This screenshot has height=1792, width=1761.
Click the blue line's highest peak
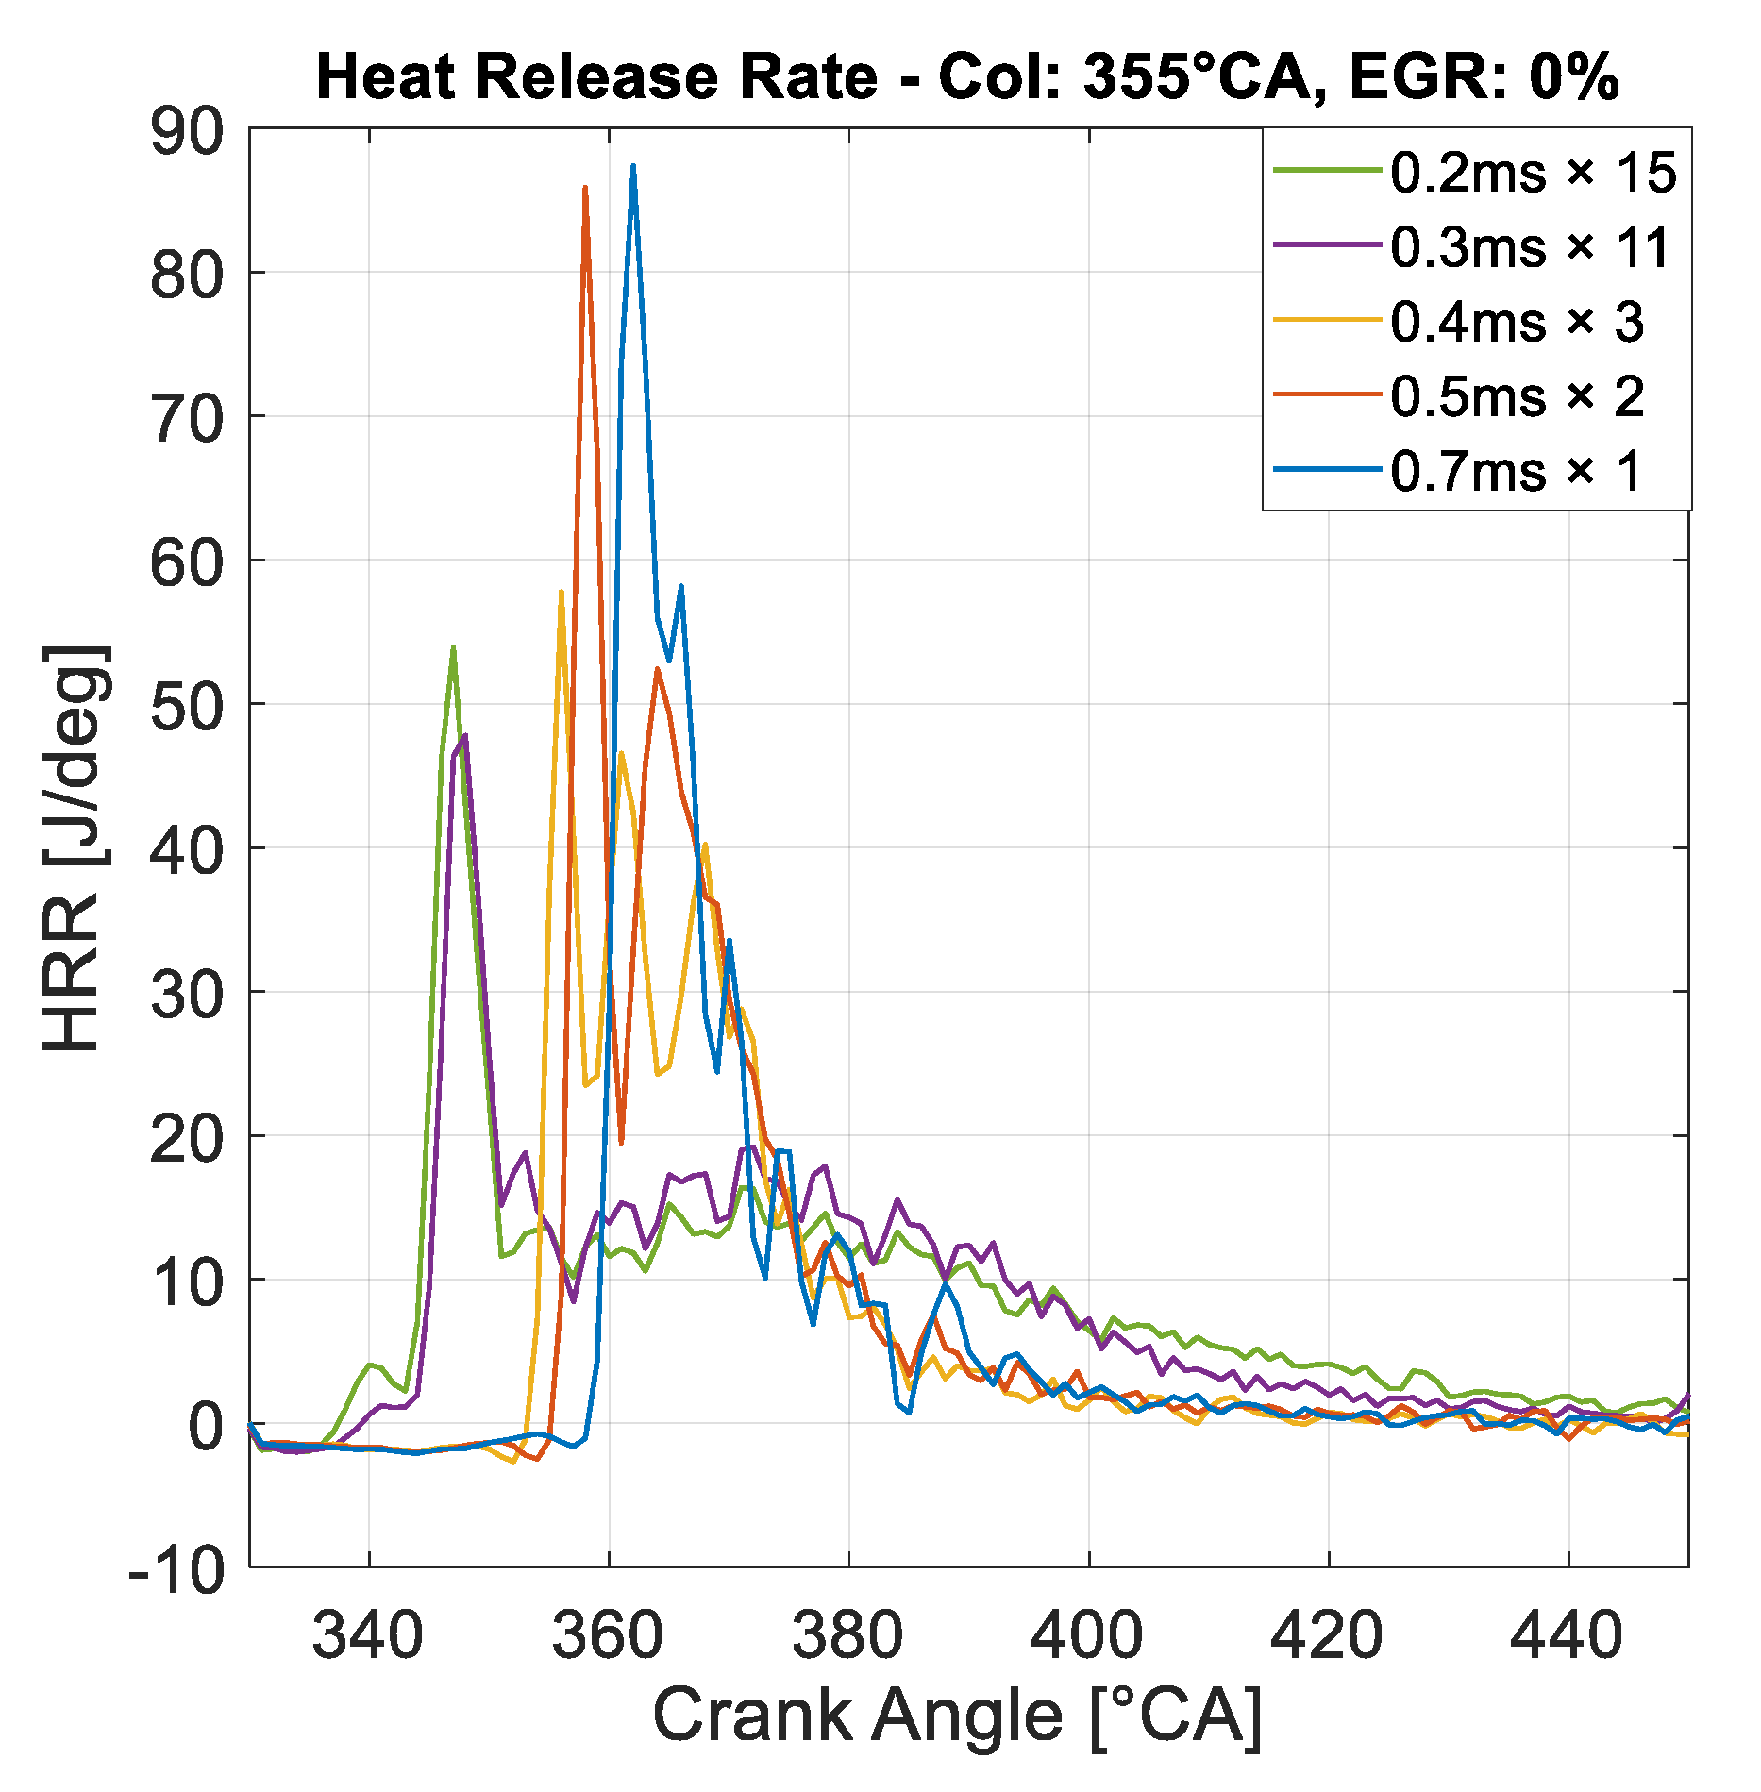click(633, 166)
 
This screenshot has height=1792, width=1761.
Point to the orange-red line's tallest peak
click(585, 187)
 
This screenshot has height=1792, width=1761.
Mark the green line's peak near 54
click(453, 647)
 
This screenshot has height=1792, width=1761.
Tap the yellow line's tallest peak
click(562, 592)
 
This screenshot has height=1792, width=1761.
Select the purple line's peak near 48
click(465, 736)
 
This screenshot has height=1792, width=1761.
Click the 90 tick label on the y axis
click(187, 131)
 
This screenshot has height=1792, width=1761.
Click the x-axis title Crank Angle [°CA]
click(957, 1717)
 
